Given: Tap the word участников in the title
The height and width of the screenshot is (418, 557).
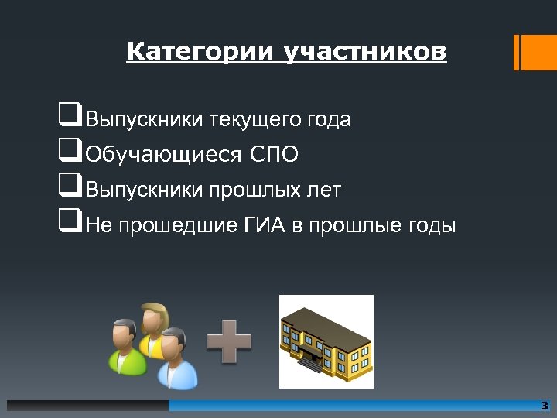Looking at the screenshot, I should [365, 52].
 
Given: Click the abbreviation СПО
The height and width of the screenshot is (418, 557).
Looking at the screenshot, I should [274, 155].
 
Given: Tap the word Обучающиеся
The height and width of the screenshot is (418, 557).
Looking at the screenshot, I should [163, 155].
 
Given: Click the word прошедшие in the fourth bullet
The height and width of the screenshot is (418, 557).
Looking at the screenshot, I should [182, 225].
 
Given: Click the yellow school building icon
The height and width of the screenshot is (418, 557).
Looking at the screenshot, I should [326, 341].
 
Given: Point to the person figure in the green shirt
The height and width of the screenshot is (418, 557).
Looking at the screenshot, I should [125, 348].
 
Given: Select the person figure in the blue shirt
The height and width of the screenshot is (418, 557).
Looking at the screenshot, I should [176, 358].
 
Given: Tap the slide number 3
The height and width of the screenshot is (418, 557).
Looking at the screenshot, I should [544, 406].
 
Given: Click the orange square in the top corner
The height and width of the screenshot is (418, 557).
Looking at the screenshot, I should [535, 52].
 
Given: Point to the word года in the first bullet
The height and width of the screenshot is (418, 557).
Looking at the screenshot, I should [329, 120].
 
